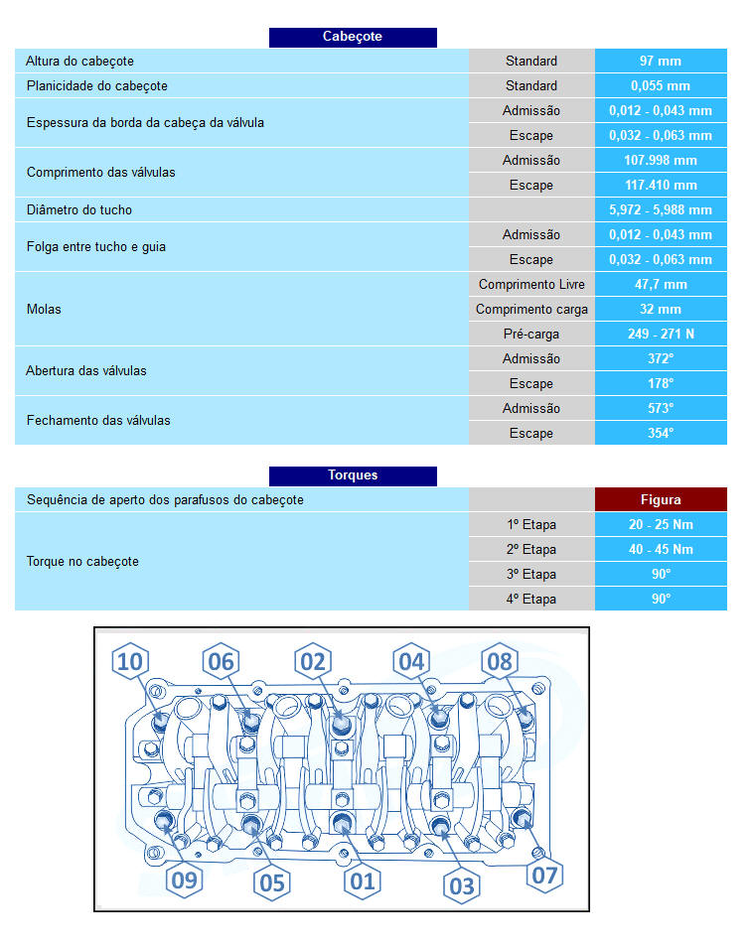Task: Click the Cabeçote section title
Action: [x=353, y=37]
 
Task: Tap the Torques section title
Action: [x=353, y=475]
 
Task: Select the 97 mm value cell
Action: [x=661, y=61]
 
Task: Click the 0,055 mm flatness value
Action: [x=661, y=85]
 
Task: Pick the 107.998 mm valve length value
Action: [x=661, y=161]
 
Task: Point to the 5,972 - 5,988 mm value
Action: [x=661, y=210]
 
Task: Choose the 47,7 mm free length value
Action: [x=661, y=284]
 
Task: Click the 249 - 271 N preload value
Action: [x=661, y=334]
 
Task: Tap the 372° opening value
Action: [x=661, y=358]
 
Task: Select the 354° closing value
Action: [x=661, y=433]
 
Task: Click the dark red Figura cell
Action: [x=661, y=499]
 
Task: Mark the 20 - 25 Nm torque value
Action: [x=661, y=524]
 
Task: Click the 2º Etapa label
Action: [x=531, y=550]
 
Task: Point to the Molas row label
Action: [x=44, y=309]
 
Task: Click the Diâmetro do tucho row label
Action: [x=79, y=210]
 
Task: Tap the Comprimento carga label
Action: [x=531, y=310]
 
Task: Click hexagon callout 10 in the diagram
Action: [x=130, y=661]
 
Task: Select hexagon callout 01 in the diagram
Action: [x=363, y=881]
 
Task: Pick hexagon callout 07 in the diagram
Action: [x=544, y=875]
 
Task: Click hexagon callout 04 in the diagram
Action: [x=411, y=661]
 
